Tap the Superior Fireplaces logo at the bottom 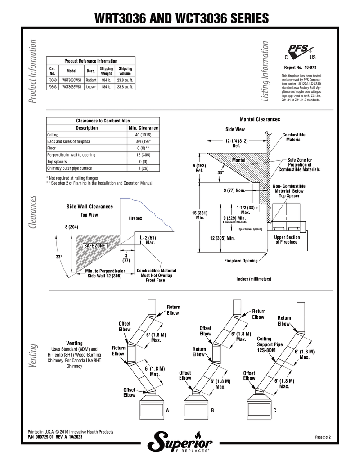180,443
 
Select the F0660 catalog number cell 52,80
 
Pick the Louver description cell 91,87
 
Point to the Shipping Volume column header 125,71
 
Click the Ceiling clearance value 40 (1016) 143,135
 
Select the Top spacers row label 57,162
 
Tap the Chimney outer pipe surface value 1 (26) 143,168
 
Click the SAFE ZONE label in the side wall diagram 94,246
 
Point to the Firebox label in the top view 135,218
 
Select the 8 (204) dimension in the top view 72,227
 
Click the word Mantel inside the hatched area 239,160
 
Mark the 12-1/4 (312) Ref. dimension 236,143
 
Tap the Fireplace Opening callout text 241,261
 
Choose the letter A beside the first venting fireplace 167,411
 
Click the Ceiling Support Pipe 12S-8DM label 270,344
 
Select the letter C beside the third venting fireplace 275,411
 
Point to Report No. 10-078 300,68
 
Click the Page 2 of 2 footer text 323,437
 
